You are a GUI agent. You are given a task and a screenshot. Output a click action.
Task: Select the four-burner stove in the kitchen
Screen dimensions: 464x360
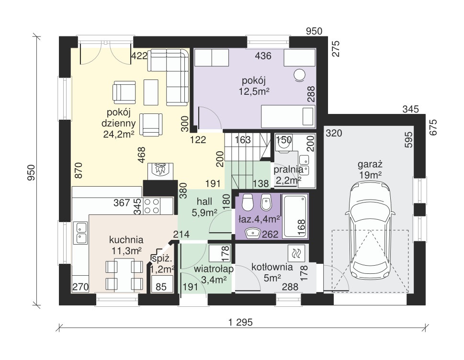(x=151, y=206)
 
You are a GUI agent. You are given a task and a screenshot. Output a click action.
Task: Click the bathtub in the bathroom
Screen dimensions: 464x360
(x=295, y=216)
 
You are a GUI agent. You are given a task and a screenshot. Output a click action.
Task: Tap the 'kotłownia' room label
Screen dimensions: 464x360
(x=272, y=267)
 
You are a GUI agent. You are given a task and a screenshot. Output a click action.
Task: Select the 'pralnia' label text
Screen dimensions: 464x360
(x=288, y=169)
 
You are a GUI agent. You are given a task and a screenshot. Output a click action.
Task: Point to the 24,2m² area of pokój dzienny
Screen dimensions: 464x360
(x=118, y=134)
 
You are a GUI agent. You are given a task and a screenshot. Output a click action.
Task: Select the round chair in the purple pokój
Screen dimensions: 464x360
(x=300, y=75)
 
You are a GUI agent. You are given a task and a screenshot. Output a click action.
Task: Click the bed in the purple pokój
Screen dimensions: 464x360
(x=288, y=116)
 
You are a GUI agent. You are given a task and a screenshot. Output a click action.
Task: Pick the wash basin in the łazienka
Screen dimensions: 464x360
(x=252, y=233)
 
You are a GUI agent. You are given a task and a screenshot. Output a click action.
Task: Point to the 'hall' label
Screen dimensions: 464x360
(x=204, y=202)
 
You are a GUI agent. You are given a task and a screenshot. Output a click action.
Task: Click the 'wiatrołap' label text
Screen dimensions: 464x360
(x=214, y=269)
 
